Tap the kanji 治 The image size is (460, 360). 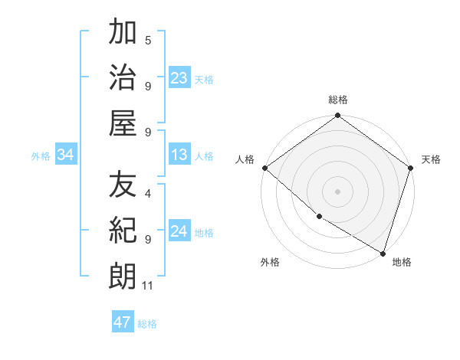(123, 77)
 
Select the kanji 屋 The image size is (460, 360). (123, 123)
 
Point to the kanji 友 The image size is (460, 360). (123, 185)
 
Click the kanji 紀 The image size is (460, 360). (123, 230)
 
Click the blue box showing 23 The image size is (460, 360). (179, 77)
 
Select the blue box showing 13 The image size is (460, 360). (179, 155)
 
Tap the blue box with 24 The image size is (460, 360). (179, 232)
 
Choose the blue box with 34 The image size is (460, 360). (66, 155)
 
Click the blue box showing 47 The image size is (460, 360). (123, 322)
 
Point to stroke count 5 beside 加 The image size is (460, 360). (148, 40)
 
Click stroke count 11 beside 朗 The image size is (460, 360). (149, 286)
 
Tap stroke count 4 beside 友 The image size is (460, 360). (148, 185)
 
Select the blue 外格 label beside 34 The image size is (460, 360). (41, 156)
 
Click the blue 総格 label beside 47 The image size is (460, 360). (147, 323)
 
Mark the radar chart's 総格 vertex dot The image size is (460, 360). (337, 116)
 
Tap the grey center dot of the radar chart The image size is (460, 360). (337, 191)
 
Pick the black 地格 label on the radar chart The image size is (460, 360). (402, 262)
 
